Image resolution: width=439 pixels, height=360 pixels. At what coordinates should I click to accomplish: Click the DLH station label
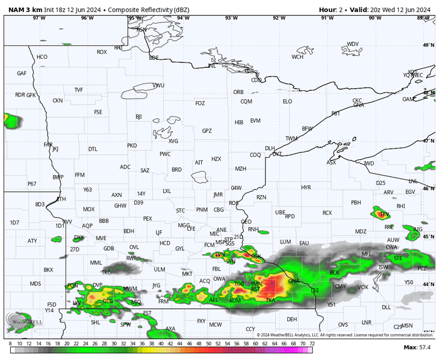(270, 148)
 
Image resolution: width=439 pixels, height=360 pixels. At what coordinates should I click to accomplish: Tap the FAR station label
(48, 145)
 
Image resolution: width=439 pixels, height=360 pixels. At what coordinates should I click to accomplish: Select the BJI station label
(139, 117)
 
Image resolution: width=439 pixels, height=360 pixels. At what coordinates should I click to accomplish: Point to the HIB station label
(239, 122)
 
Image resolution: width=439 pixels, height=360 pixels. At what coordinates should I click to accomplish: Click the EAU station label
(305, 243)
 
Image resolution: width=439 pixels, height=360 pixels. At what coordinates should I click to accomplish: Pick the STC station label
(181, 210)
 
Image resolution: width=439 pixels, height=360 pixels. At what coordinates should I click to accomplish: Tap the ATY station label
(32, 241)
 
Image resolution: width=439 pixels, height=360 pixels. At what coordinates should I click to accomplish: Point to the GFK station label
(31, 95)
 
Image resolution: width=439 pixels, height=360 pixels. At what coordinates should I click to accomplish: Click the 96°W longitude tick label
(87, 18)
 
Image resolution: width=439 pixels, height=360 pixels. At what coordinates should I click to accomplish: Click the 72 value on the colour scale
(312, 343)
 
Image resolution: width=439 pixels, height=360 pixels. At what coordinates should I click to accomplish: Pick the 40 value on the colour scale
(161, 343)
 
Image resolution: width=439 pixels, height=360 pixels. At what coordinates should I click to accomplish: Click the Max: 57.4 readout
(416, 347)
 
